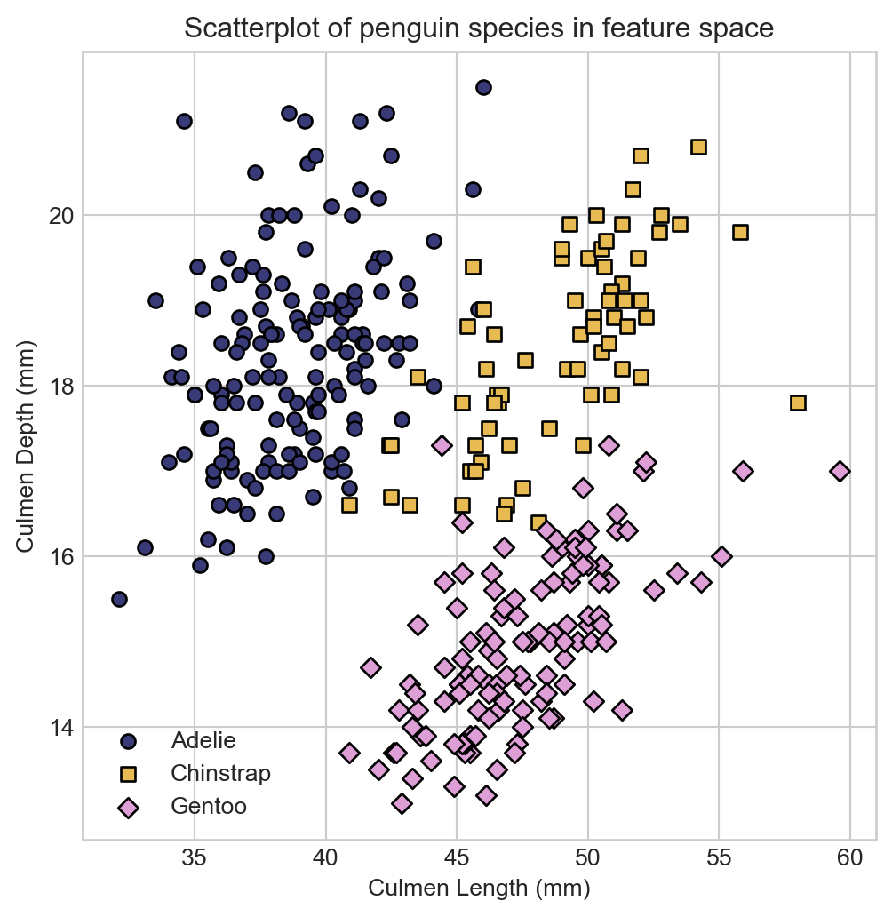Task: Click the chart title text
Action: tap(479, 28)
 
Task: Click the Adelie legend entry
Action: tap(203, 740)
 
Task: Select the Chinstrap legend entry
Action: tap(220, 773)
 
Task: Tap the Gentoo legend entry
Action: tap(209, 807)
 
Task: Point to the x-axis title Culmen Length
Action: tap(479, 888)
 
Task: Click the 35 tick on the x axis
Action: tap(195, 858)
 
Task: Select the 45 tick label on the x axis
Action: tap(457, 858)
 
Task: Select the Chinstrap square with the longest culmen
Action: tap(798, 403)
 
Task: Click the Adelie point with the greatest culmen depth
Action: tap(483, 87)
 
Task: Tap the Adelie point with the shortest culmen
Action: tap(119, 599)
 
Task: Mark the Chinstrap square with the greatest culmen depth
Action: tap(698, 147)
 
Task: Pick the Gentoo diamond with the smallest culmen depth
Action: tap(402, 803)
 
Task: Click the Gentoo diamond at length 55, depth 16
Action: tap(721, 556)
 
